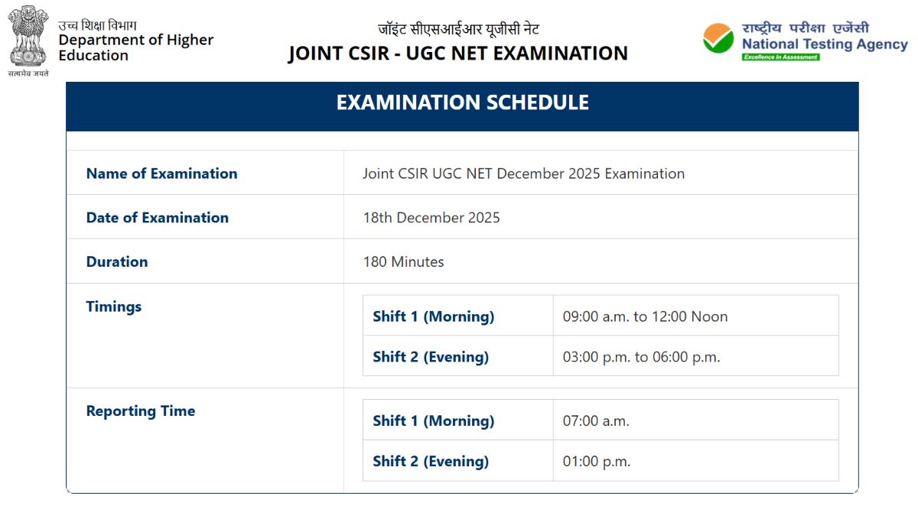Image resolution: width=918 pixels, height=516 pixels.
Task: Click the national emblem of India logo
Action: click(x=28, y=37)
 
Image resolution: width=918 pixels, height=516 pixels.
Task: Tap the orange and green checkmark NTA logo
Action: click(x=718, y=38)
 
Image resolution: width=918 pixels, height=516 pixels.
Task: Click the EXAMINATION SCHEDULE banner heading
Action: click(x=462, y=102)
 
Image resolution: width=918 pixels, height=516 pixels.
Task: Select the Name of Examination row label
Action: click(x=161, y=174)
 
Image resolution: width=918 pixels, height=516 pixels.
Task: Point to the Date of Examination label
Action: click(x=157, y=218)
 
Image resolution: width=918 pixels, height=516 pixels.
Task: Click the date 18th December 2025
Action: click(x=431, y=218)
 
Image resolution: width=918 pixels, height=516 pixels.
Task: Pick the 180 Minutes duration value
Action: click(x=403, y=262)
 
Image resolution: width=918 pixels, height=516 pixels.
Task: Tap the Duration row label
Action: click(x=117, y=262)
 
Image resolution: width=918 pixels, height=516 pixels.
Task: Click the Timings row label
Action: click(x=114, y=307)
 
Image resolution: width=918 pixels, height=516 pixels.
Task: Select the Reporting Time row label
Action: click(x=141, y=411)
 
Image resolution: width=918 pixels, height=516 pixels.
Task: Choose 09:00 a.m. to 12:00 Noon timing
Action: click(x=645, y=316)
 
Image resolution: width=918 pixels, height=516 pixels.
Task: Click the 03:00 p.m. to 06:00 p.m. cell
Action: click(x=641, y=357)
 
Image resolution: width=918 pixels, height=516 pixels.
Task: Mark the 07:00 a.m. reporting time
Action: click(x=596, y=421)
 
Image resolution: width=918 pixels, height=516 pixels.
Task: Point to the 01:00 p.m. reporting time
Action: click(x=596, y=462)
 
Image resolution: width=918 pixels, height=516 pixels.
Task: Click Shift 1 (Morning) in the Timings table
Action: click(x=433, y=316)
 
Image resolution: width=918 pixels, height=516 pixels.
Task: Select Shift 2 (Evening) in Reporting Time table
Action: click(x=431, y=462)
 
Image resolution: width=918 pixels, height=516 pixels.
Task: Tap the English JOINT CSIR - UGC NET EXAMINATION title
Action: click(x=457, y=54)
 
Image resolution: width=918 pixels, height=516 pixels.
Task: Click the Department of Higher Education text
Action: click(x=136, y=47)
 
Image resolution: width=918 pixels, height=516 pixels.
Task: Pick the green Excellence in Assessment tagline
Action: click(x=780, y=57)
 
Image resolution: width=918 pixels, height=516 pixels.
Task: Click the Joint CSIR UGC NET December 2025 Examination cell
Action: click(x=523, y=174)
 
